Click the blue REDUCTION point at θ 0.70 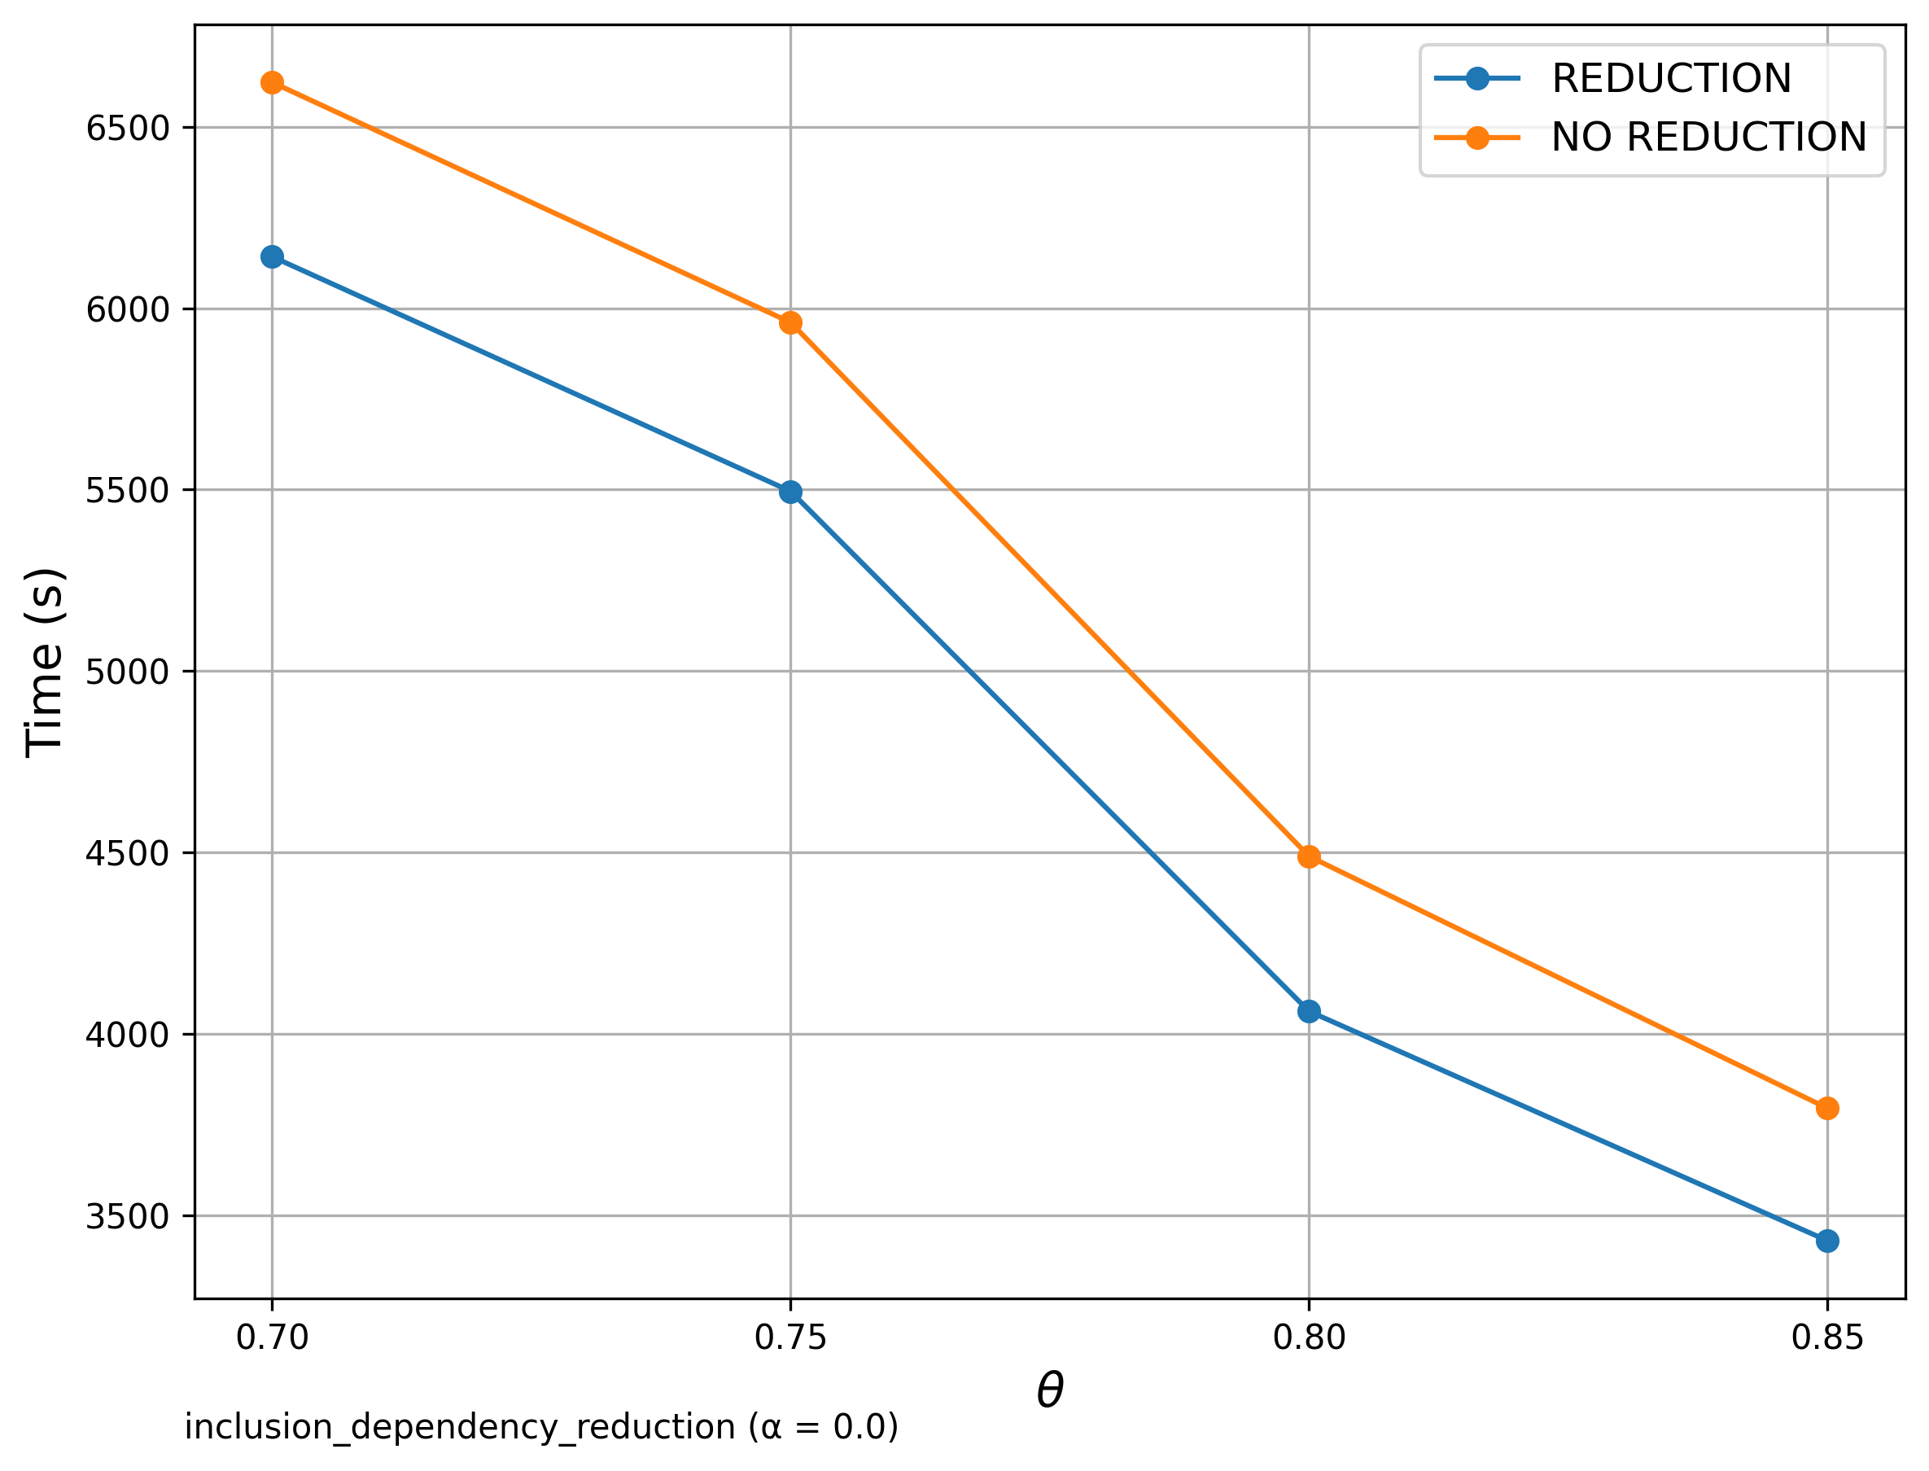[271, 256]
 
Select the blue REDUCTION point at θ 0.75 [790, 492]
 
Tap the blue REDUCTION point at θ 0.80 [1309, 1011]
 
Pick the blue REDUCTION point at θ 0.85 [1826, 1241]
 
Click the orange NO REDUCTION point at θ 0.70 [271, 83]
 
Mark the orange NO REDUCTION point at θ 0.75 [790, 323]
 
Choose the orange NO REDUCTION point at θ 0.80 [1309, 856]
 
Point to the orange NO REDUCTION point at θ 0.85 [1826, 1109]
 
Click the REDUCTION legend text [1671, 79]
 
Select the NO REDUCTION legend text [1708, 138]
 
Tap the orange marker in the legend [1476, 138]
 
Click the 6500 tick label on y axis [127, 129]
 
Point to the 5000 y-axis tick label [127, 672]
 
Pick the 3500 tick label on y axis [127, 1217]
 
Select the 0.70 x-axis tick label [271, 1338]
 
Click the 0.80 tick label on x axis [1309, 1338]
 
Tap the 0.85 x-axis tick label [1826, 1338]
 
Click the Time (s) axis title [44, 663]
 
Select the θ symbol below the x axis [1049, 1390]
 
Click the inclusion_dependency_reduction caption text [541, 1428]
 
